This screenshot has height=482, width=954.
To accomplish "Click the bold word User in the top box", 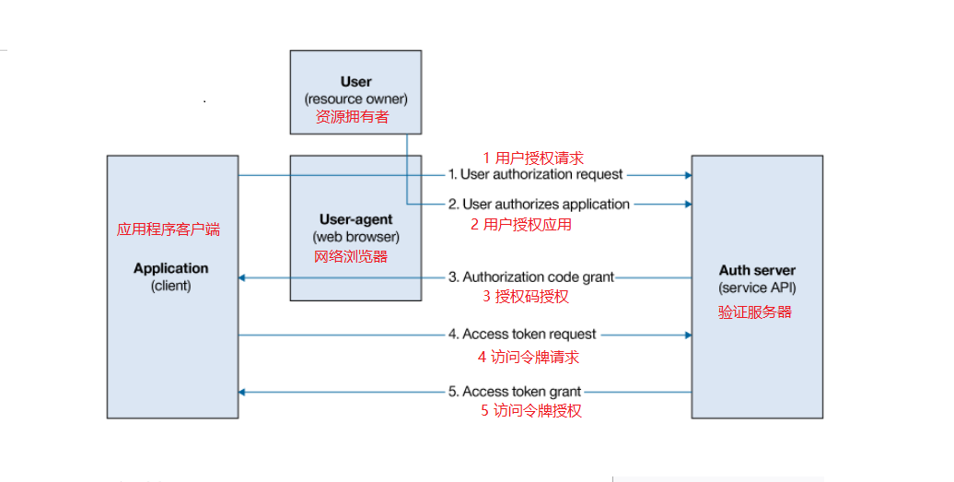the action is [356, 81].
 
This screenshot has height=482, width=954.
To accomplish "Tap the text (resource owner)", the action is [356, 99].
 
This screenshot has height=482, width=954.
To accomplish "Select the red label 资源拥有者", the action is [353, 117].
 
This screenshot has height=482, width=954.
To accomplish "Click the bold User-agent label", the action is [356, 219].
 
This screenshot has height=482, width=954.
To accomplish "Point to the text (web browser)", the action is [356, 237].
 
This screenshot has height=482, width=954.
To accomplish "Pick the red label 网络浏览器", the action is [351, 256].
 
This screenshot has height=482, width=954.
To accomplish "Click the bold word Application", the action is [171, 268].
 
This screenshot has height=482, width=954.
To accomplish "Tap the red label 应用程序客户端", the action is [169, 229].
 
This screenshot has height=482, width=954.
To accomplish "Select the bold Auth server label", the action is [758, 270].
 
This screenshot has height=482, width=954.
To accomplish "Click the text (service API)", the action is [758, 288].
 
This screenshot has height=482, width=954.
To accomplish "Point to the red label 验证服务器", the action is [755, 312].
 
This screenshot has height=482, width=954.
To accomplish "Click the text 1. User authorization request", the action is [535, 175].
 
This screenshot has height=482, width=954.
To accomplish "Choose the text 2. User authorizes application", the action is [539, 205].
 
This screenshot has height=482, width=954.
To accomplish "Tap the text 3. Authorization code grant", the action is [531, 277].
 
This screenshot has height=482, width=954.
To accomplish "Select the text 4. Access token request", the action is [522, 335].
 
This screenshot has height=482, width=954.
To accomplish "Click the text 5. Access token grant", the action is [515, 392].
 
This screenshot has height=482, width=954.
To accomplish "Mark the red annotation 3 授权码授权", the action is [526, 297].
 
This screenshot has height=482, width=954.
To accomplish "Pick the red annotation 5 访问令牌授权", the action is [531, 411].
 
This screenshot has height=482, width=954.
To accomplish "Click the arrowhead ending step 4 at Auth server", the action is [688, 335].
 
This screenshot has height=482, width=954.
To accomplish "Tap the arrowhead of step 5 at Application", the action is [242, 392].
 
